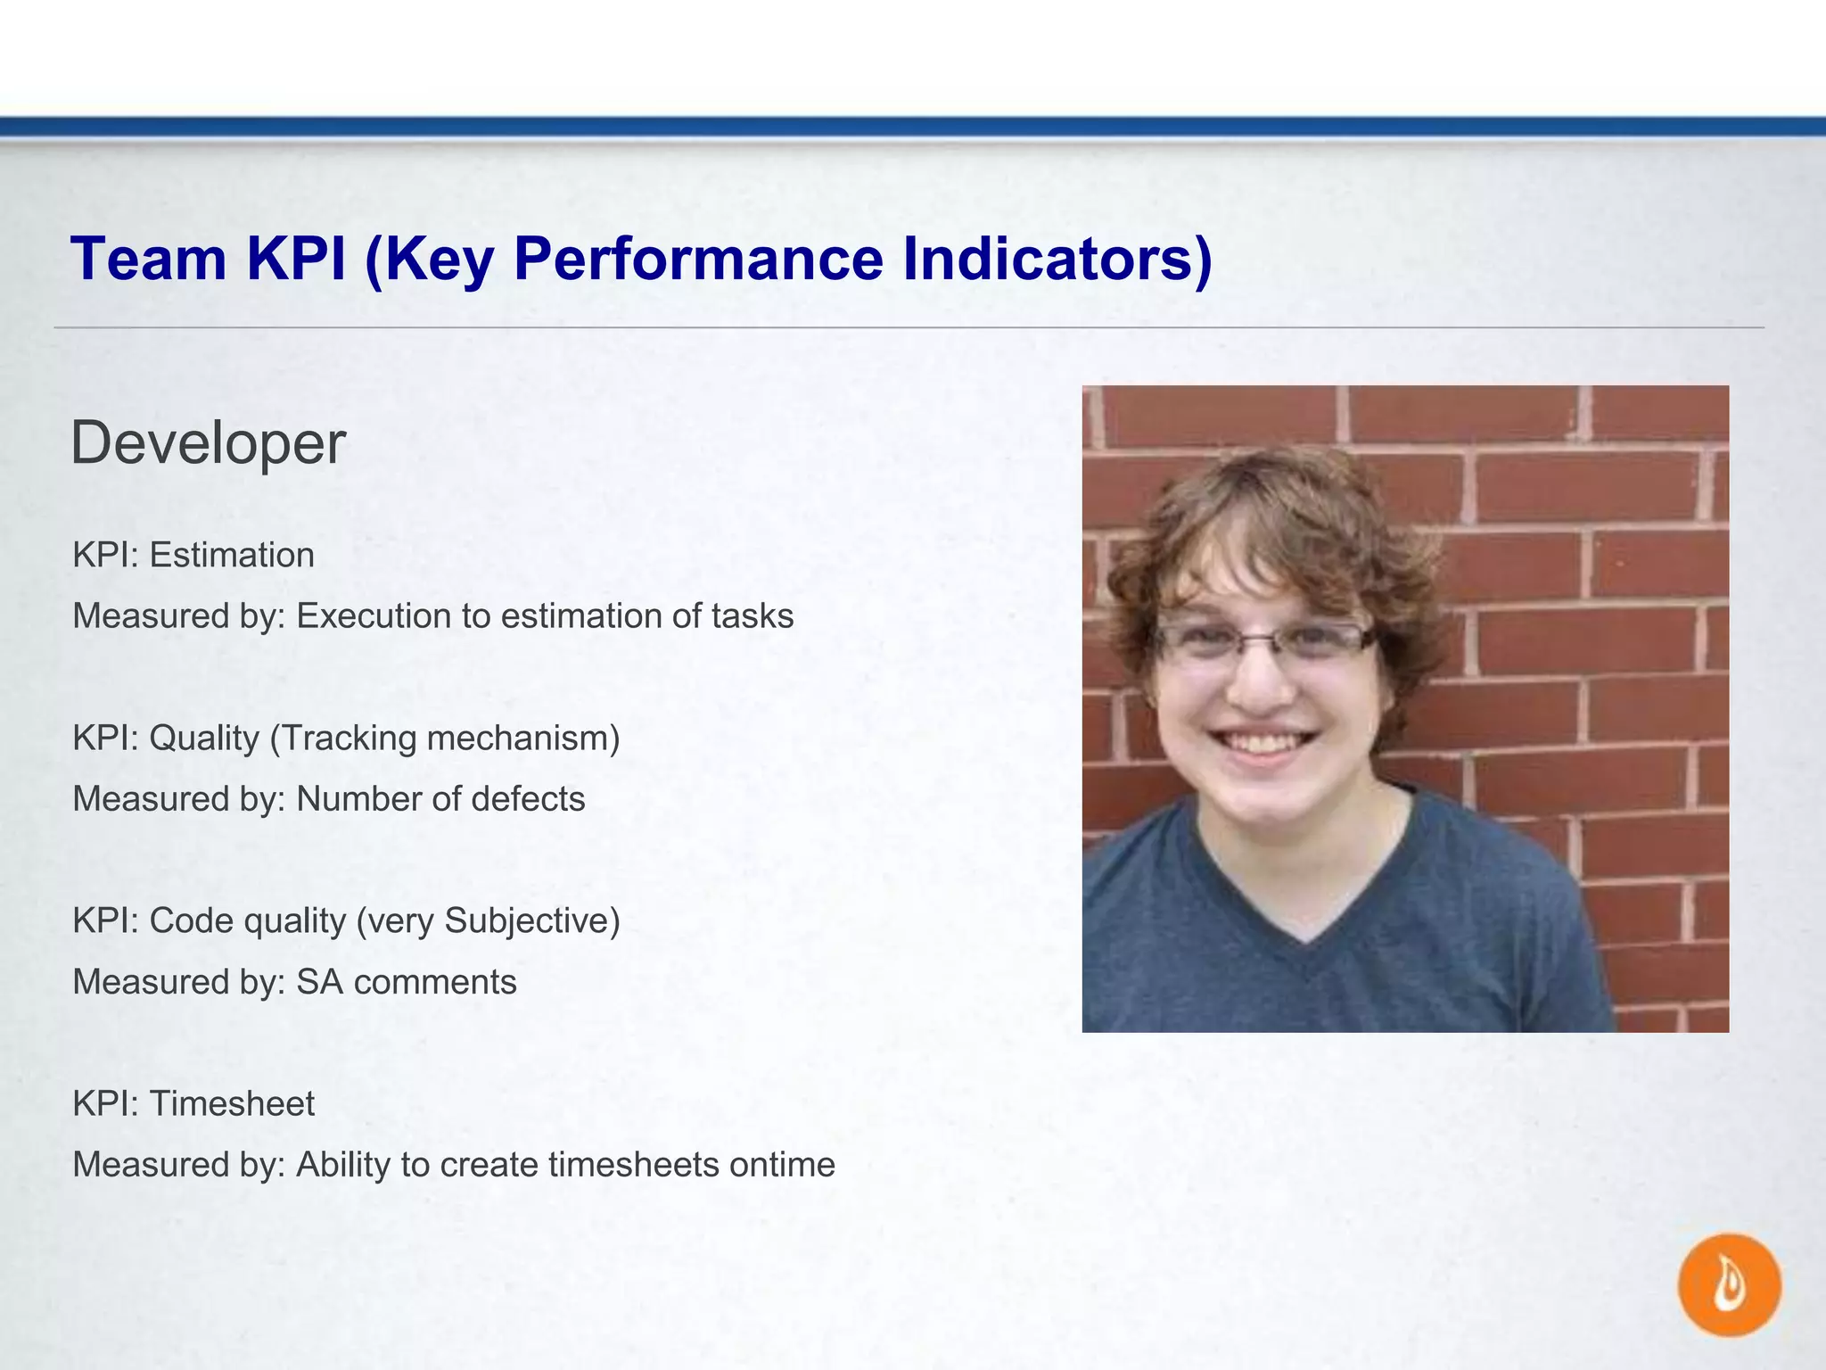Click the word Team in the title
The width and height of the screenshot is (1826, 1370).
148,260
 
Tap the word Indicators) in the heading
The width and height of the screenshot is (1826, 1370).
1057,260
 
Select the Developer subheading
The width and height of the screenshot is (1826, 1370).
208,443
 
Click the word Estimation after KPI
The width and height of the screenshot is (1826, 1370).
232,556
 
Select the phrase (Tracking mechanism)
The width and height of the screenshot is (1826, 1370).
444,739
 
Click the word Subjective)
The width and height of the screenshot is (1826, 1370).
531,921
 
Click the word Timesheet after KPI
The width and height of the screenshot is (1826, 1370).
232,1104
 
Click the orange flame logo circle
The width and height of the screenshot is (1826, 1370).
1729,1285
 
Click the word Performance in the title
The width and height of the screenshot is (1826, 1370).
698,260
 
